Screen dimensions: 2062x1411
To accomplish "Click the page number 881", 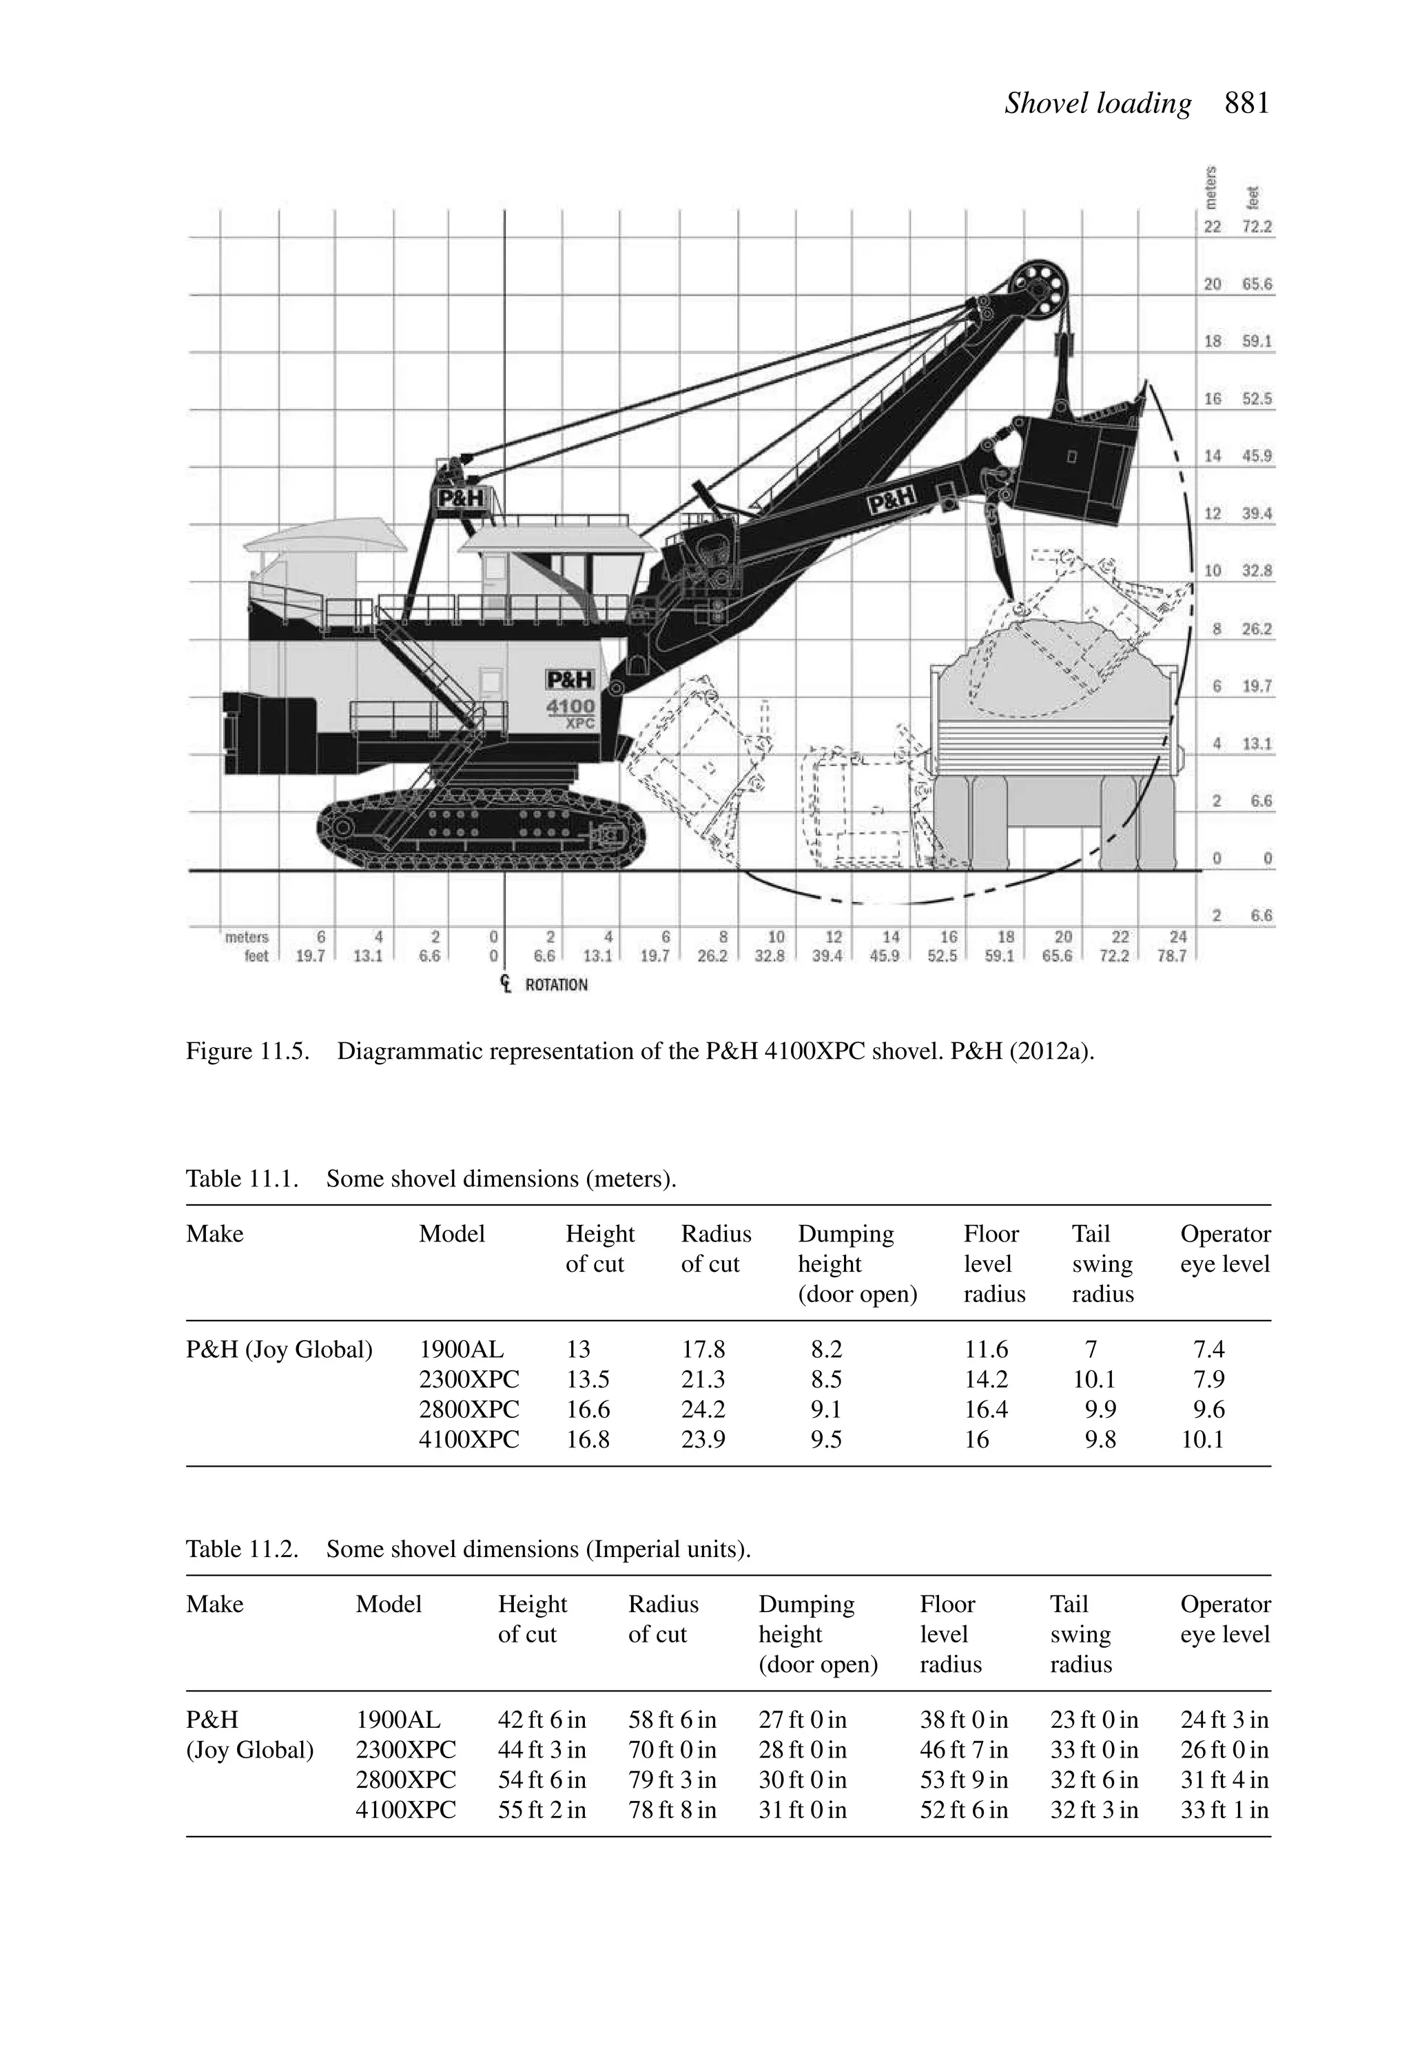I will point(1247,104).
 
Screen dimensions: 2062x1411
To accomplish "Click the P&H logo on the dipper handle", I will point(891,502).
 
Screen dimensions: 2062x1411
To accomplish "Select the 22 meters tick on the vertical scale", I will point(1212,227).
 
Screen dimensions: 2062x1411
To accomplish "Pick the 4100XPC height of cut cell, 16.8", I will point(588,1439).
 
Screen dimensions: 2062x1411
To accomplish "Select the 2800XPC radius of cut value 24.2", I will point(703,1409).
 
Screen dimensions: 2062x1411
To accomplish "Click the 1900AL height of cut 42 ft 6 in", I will point(542,1720).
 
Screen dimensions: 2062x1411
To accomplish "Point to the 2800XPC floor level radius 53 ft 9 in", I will point(964,1780).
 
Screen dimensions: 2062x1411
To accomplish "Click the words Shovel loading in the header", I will point(1098,104).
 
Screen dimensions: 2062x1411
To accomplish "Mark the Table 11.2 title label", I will point(241,1549).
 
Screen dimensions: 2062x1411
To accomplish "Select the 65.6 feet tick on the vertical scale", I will point(1257,285).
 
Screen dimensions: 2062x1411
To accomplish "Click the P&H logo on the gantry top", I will point(462,499).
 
